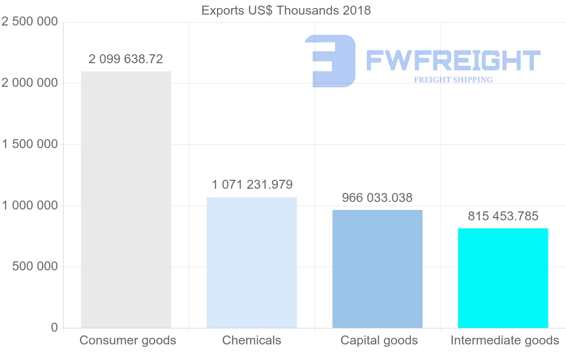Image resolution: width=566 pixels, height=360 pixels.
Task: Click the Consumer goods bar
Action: pos(126,199)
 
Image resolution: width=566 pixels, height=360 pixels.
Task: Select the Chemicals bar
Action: pos(252,262)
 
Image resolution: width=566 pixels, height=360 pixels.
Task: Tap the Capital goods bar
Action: pos(377,268)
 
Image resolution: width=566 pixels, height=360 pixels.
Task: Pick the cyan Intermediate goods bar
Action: pos(503,278)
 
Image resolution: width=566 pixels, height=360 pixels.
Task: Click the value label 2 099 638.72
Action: pos(126,59)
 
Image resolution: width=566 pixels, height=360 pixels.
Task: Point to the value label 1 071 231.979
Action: pos(252,184)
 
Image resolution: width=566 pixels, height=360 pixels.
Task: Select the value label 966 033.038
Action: pos(377,197)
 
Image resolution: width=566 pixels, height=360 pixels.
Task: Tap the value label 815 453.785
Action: pos(503,216)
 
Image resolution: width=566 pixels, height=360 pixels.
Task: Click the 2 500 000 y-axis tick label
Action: pos(30,22)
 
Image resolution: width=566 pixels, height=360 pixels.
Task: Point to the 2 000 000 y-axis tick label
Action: pos(30,83)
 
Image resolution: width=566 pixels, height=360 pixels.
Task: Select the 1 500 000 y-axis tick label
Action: pos(30,144)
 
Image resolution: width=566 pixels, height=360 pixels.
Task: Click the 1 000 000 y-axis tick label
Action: pos(30,206)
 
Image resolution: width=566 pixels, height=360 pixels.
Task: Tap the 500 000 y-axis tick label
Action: pos(34,267)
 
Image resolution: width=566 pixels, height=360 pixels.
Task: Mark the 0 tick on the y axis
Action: pos(54,327)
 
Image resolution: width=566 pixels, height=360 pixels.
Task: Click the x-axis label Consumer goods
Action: pos(128,340)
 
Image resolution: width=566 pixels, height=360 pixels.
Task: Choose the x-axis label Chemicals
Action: pos(252,340)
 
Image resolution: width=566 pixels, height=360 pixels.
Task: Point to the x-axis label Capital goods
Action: pos(379,340)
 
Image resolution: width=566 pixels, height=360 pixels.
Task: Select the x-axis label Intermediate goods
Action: pos(505,340)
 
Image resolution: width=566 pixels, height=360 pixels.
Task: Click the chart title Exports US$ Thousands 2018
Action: pos(286,10)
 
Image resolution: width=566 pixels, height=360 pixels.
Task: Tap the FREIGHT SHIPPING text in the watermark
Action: pos(453,80)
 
